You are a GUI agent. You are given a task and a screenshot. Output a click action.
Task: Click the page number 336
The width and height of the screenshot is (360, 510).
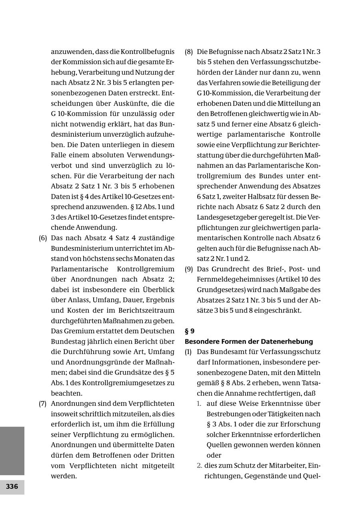pyautogui.click(x=12, y=486)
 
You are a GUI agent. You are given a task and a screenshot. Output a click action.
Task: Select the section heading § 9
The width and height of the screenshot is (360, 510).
pyautogui.click(x=190, y=331)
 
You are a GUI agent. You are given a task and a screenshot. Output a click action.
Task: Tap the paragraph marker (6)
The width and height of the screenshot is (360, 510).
pyautogui.click(x=43, y=238)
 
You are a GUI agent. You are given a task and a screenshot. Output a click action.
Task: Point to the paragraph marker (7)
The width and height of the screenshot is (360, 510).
pyautogui.click(x=43, y=403)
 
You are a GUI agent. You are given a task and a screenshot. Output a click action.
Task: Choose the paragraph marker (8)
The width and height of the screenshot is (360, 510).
pyautogui.click(x=189, y=52)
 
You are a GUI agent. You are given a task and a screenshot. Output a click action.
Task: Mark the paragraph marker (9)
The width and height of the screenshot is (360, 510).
pyautogui.click(x=189, y=269)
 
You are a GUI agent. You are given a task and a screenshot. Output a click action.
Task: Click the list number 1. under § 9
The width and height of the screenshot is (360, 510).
pyautogui.click(x=199, y=403)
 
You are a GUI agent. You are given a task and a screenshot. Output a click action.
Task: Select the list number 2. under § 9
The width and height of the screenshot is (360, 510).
pyautogui.click(x=199, y=465)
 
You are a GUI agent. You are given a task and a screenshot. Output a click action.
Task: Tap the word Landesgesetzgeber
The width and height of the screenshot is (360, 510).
pyautogui.click(x=227, y=217)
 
